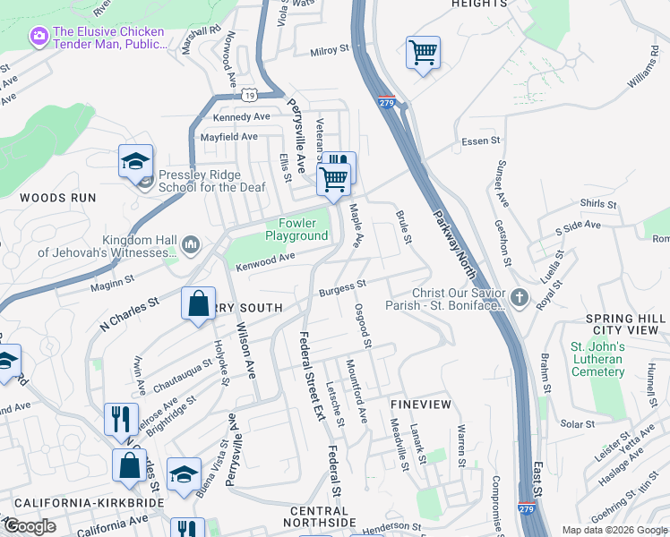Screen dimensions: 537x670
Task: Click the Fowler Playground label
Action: pos(296,229)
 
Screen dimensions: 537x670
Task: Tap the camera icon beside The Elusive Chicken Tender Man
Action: pos(39,37)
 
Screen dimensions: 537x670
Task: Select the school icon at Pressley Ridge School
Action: pos(135,162)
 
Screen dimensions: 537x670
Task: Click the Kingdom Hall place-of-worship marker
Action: pos(190,243)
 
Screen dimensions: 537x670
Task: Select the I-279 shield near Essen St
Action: pos(387,100)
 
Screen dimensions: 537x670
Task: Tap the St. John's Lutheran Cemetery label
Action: pos(597,359)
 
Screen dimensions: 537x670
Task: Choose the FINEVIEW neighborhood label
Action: pos(421,405)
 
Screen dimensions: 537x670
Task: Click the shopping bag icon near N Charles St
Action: pos(198,303)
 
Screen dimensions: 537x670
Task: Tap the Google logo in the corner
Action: pos(29,526)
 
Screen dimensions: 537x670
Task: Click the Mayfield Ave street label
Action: pos(228,137)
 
